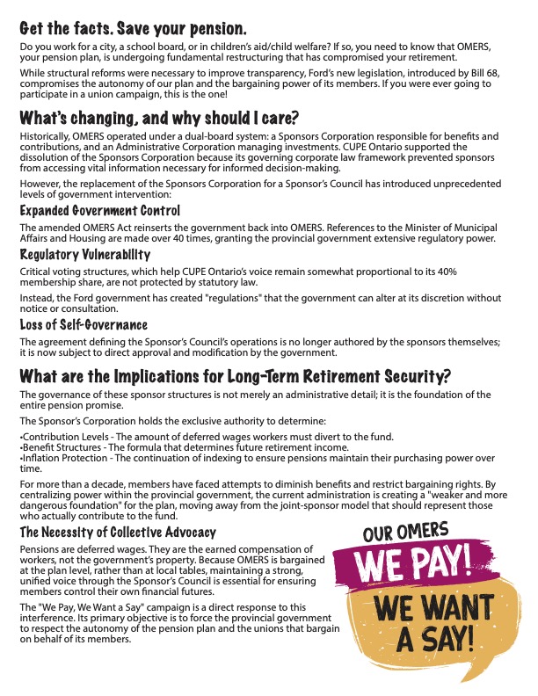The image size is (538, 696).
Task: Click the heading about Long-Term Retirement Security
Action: click(236, 377)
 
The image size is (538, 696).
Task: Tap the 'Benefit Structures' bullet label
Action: click(56, 447)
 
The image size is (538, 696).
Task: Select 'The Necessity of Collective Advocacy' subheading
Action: click(117, 533)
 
